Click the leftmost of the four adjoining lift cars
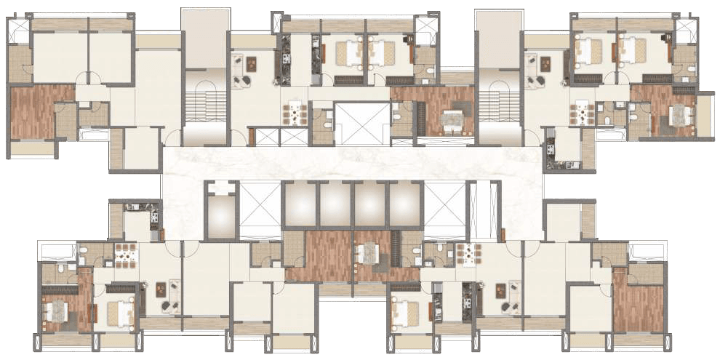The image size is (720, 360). pyautogui.click(x=299, y=204)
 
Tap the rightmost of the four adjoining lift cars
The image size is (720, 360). pyautogui.click(x=404, y=204)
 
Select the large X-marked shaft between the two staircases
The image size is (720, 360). pyautogui.click(x=361, y=123)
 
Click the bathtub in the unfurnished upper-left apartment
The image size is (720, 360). pyautogui.click(x=93, y=135)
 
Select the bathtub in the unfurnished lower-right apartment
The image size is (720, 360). pyautogui.click(x=646, y=252)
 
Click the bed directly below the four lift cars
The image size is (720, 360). pyautogui.click(x=367, y=254)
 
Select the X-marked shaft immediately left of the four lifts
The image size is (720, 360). pyautogui.click(x=260, y=209)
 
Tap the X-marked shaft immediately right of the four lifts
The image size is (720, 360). pyautogui.click(x=444, y=209)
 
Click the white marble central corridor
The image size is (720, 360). pyautogui.click(x=353, y=161)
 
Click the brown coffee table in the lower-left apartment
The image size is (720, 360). pyautogui.click(x=160, y=289)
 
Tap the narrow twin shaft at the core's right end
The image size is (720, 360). pyautogui.click(x=484, y=209)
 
